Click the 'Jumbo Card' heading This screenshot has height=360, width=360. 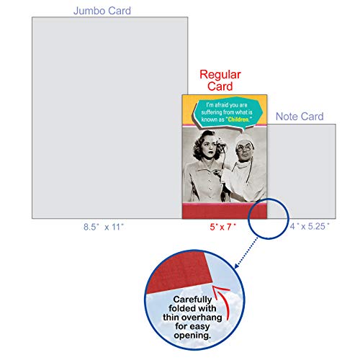click(x=102, y=11)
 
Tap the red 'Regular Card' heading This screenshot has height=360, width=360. click(x=220, y=80)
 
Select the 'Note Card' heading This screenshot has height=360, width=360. click(x=300, y=117)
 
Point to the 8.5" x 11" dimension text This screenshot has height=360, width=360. click(x=104, y=227)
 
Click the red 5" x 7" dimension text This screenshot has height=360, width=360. click(x=222, y=227)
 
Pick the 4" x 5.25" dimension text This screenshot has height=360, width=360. click(x=310, y=226)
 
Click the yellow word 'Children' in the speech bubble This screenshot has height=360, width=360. click(x=238, y=120)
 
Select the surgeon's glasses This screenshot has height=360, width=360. click(x=244, y=148)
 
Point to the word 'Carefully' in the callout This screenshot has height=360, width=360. click(x=192, y=300)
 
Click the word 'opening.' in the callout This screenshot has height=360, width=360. click(x=192, y=336)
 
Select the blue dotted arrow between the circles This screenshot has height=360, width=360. click(x=246, y=253)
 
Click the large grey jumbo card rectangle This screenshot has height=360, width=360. click(x=107, y=117)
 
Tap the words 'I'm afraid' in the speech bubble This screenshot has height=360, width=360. click(x=215, y=105)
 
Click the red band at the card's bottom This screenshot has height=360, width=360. click(x=225, y=212)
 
